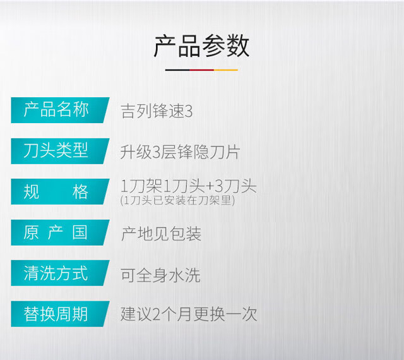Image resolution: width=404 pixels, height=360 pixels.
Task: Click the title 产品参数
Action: [x=201, y=46]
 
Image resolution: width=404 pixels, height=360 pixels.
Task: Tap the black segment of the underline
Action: [x=177, y=69]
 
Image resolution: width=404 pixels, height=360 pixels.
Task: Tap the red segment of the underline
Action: [x=202, y=69]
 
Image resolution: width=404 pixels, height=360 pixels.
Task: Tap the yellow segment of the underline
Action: [x=226, y=69]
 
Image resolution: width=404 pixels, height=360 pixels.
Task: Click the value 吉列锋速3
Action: [x=157, y=111]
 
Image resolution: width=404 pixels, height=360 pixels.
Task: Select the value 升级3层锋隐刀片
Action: [x=181, y=152]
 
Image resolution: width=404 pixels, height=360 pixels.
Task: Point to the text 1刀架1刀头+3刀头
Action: [x=189, y=186]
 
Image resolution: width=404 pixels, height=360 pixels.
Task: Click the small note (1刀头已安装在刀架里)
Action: [x=177, y=200]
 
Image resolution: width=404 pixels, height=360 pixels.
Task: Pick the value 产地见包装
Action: [x=161, y=234]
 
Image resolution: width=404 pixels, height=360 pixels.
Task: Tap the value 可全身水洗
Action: [x=160, y=275]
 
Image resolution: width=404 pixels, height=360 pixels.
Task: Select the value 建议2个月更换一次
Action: [x=189, y=315]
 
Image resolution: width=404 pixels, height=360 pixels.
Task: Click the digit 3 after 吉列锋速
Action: [x=189, y=112]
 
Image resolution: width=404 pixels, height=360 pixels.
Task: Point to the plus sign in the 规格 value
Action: [x=210, y=187]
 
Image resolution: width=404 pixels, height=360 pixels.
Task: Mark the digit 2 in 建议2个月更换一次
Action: [x=156, y=315]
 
